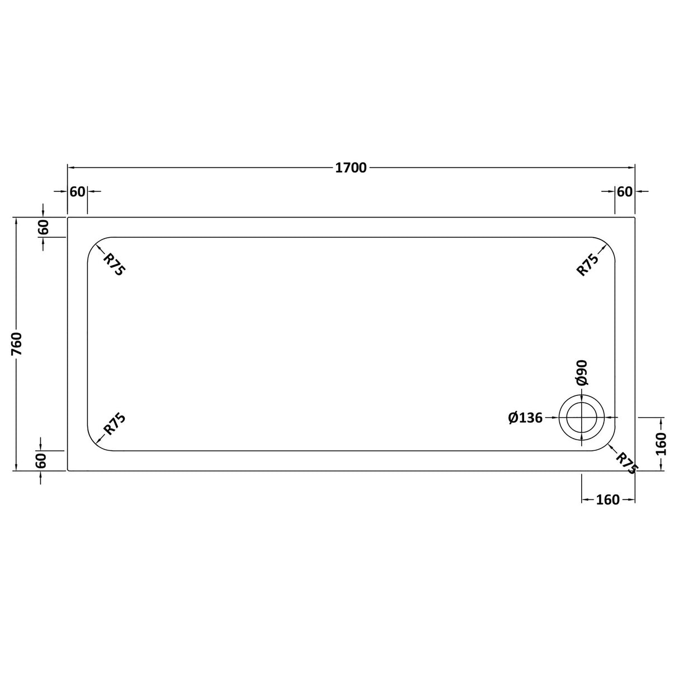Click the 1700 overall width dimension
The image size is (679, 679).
click(351, 167)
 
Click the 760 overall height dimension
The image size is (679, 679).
click(17, 343)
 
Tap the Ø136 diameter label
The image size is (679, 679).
click(525, 417)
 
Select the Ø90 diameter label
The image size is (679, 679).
click(582, 372)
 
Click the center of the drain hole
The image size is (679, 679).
click(582, 417)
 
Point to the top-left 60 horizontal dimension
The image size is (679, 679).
click(77, 191)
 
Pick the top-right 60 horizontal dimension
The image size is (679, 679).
click(625, 191)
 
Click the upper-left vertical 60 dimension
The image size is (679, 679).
click(43, 227)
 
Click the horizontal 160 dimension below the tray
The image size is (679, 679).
click(608, 499)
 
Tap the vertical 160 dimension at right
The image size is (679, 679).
click(661, 444)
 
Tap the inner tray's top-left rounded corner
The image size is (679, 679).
click(93, 243)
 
